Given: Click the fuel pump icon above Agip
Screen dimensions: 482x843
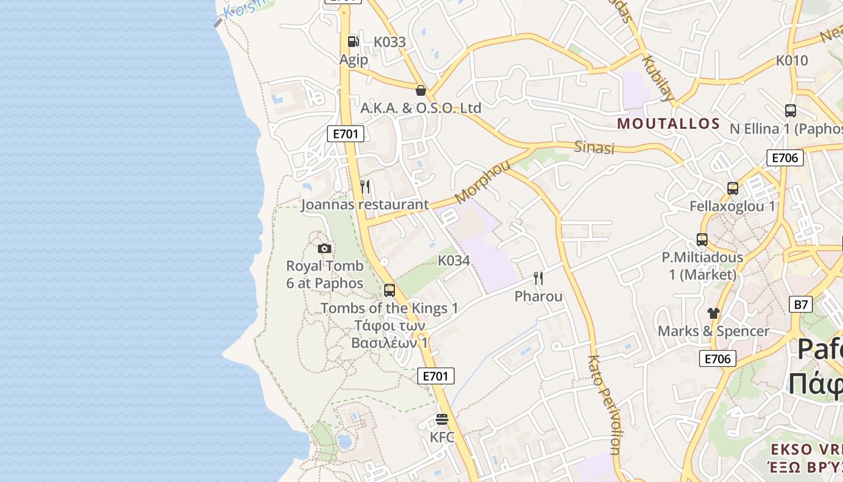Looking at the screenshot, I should (353, 41).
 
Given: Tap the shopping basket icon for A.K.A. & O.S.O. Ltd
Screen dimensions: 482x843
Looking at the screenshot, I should (421, 90).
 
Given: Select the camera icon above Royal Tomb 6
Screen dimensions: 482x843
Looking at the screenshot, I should (325, 248).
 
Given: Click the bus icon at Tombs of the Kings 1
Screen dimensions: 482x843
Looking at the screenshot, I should (390, 290).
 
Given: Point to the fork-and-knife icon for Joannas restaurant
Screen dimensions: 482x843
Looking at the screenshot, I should (365, 187).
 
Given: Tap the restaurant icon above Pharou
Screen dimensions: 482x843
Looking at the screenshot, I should (538, 278).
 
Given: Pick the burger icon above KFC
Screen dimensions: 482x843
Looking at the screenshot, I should (442, 419).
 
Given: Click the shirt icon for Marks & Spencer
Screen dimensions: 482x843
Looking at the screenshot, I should (714, 313).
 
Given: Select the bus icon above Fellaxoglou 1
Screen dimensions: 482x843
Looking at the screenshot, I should (733, 189).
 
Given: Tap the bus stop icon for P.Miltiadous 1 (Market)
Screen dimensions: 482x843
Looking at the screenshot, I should (702, 240).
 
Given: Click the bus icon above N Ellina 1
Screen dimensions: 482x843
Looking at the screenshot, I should (791, 111).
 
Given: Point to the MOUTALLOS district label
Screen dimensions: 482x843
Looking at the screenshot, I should (669, 124).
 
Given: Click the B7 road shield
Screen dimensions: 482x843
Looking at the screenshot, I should (800, 304).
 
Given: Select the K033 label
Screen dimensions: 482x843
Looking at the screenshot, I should (390, 42).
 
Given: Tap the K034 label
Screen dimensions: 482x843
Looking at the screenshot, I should (453, 261).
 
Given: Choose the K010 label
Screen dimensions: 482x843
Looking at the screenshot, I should (792, 60).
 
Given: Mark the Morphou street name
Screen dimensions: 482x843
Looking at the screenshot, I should (482, 181).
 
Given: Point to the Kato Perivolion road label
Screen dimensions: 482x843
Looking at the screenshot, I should (604, 404).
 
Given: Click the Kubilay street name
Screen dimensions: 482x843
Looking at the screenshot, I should (658, 78).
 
